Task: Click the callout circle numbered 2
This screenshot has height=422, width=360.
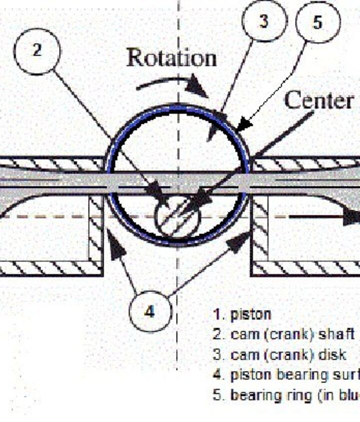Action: coord(37,51)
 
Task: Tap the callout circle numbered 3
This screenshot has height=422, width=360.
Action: coord(264,21)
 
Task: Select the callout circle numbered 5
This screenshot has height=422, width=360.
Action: coord(318,23)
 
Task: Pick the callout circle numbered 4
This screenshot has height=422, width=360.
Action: coord(150,311)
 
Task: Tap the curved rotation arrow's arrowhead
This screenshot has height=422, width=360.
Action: coord(198,90)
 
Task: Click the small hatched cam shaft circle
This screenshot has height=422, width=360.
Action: coord(177,218)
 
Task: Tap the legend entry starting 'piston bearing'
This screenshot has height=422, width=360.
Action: coord(285,375)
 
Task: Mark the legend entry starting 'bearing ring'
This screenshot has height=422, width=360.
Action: coord(285,395)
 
